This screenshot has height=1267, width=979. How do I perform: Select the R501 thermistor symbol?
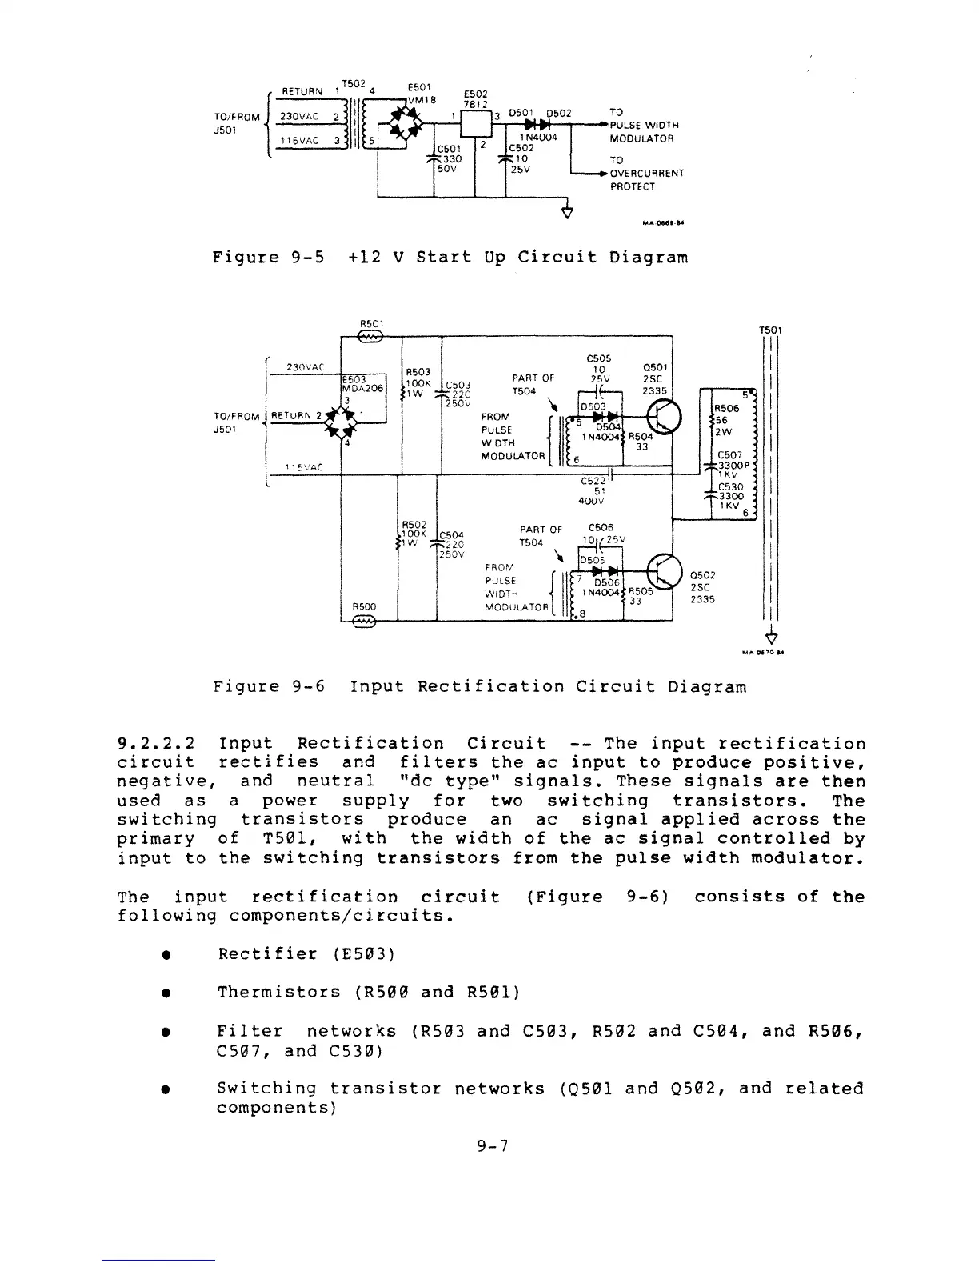[371, 338]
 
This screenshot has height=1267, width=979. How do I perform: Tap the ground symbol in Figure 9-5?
[567, 213]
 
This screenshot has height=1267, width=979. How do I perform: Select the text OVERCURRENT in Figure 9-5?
[646, 173]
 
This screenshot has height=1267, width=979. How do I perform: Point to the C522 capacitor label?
[593, 481]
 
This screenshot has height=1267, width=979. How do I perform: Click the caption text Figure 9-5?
[268, 258]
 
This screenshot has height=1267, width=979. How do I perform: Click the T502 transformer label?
[353, 84]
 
